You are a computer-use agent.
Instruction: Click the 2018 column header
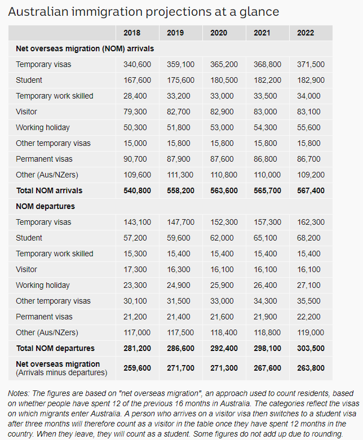point(132,33)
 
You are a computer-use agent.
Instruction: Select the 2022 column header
point(306,33)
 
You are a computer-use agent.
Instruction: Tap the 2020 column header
point(219,33)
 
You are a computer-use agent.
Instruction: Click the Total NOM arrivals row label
point(48,190)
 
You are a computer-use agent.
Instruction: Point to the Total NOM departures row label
point(55,348)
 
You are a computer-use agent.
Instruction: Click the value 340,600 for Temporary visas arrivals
point(137,64)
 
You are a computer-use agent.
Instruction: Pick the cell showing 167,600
point(137,80)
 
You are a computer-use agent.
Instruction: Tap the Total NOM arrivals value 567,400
point(311,190)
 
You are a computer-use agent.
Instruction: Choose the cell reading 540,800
point(137,190)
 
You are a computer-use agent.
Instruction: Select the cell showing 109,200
point(311,175)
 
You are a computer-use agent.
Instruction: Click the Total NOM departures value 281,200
point(137,348)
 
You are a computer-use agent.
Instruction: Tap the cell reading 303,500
point(311,348)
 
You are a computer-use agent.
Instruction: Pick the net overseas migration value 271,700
point(180,367)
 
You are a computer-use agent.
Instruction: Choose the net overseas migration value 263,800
point(311,367)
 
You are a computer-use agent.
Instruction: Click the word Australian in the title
point(39,11)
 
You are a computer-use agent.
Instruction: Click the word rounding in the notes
point(325,433)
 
